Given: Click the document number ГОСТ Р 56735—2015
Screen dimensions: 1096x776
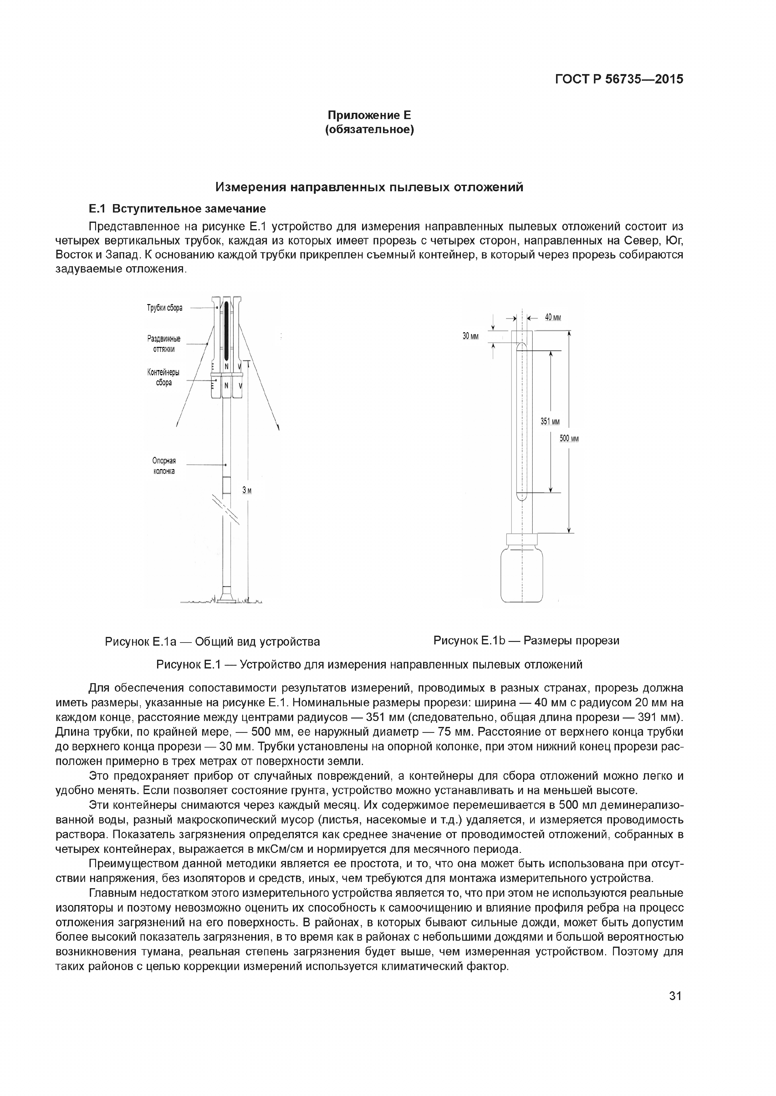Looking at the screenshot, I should (619, 79).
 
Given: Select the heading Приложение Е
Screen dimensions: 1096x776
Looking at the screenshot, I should (369, 115).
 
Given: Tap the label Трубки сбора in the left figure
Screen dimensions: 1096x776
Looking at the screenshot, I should (164, 308).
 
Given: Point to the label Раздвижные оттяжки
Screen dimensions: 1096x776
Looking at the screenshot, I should (164, 344).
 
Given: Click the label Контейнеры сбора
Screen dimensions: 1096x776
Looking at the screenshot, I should (164, 377).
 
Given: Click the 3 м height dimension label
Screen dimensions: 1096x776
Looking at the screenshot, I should (247, 490).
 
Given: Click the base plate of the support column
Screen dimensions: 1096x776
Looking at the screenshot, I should (227, 597).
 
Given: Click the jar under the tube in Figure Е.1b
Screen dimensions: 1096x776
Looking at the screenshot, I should (523, 575).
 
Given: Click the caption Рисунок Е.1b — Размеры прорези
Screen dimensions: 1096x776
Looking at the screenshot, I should (526, 640).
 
